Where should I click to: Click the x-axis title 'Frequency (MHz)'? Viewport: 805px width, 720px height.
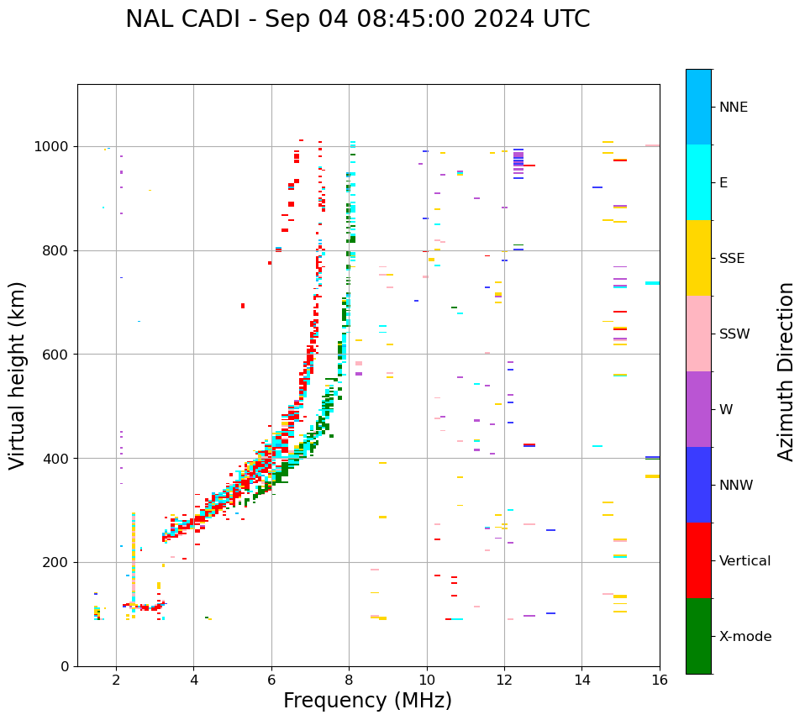pos(367,701)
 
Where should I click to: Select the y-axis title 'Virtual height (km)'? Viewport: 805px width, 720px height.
pos(18,375)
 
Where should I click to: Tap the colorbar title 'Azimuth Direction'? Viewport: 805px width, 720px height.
pos(786,371)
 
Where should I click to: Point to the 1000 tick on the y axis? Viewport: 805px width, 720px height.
pos(55,147)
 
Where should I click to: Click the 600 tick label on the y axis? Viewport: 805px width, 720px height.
pos(55,355)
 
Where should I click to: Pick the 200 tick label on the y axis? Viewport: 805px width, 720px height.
pos(55,563)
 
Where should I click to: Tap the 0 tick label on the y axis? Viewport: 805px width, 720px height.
pos(65,666)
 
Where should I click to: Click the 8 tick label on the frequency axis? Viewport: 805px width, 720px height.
pos(349,679)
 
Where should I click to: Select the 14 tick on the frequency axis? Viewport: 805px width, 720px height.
pos(582,679)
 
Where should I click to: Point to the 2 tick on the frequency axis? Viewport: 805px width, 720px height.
pos(116,679)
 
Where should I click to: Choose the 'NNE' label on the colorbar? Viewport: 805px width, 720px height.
pos(733,108)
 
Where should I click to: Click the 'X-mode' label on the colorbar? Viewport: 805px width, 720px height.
pos(744,637)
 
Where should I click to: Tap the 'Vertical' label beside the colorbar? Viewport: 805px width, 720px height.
pos(744,561)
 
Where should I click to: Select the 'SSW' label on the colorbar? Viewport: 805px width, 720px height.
pos(734,334)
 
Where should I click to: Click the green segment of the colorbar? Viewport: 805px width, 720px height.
pos(698,636)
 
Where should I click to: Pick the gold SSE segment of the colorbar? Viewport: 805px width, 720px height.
pos(698,258)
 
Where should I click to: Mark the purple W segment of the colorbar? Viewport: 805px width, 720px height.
pos(698,409)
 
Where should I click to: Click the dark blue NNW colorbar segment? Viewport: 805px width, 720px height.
pos(698,485)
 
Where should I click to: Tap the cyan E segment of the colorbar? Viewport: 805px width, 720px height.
pos(698,182)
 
